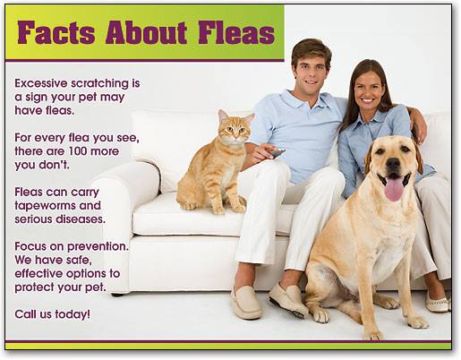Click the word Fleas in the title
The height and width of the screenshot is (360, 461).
pyautogui.click(x=236, y=32)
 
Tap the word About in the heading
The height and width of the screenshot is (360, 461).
pyautogui.click(x=146, y=32)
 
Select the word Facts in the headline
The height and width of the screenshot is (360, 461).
pyautogui.click(x=56, y=32)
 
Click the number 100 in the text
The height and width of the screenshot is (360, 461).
pyautogui.click(x=78, y=151)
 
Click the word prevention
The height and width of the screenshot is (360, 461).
pyautogui.click(x=98, y=247)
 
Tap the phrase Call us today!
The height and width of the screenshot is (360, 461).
pyautogui.click(x=52, y=314)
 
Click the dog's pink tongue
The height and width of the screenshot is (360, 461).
pyautogui.click(x=394, y=189)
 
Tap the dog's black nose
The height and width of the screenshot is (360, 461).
pyautogui.click(x=393, y=164)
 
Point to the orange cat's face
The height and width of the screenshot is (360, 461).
pyautogui.click(x=235, y=132)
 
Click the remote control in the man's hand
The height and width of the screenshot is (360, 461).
pyautogui.click(x=277, y=153)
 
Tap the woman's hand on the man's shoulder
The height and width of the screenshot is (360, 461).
pyautogui.click(x=419, y=128)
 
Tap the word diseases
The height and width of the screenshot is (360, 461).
pyautogui.click(x=81, y=219)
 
